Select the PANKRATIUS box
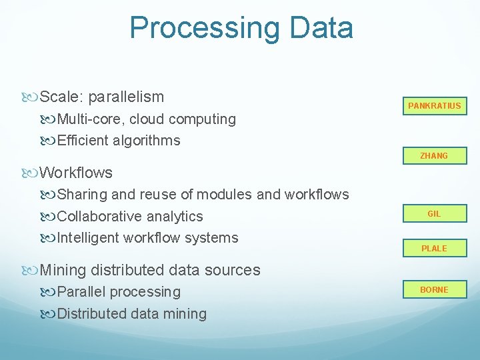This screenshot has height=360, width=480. click(x=434, y=106)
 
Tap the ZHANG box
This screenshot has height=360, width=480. click(x=434, y=156)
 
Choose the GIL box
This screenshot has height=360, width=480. click(x=434, y=214)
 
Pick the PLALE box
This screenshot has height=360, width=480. click(x=434, y=248)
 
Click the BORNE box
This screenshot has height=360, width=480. click(x=434, y=289)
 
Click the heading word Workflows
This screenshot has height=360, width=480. click(x=76, y=173)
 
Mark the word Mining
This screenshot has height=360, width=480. click(x=63, y=271)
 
